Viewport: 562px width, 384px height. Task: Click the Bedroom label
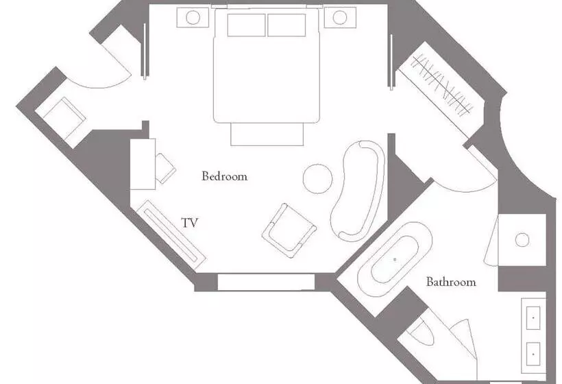pos(224,176)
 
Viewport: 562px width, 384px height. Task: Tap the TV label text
pos(190,223)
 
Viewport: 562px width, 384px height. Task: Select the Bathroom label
pos(451,282)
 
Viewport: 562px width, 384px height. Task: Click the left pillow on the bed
pos(246,25)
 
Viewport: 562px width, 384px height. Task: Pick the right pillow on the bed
pos(286,25)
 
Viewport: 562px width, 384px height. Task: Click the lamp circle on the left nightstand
pos(193,17)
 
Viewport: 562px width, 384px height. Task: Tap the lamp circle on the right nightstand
pos(340,17)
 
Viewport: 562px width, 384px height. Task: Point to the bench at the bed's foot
pos(267,134)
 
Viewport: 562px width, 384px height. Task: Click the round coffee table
pos(317,178)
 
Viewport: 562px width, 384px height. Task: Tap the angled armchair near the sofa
pos(289,230)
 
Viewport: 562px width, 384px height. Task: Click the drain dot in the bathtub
pos(395,259)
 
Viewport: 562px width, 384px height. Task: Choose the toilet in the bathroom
pos(422,332)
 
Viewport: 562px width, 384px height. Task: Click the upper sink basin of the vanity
pos(533,317)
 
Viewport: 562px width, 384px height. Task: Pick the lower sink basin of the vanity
pos(533,354)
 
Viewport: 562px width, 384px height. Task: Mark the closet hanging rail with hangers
pos(441,86)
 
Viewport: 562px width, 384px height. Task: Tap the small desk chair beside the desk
pos(165,169)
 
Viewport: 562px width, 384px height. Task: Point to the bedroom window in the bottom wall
pos(266,282)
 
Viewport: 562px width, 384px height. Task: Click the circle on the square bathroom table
pos(522,239)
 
